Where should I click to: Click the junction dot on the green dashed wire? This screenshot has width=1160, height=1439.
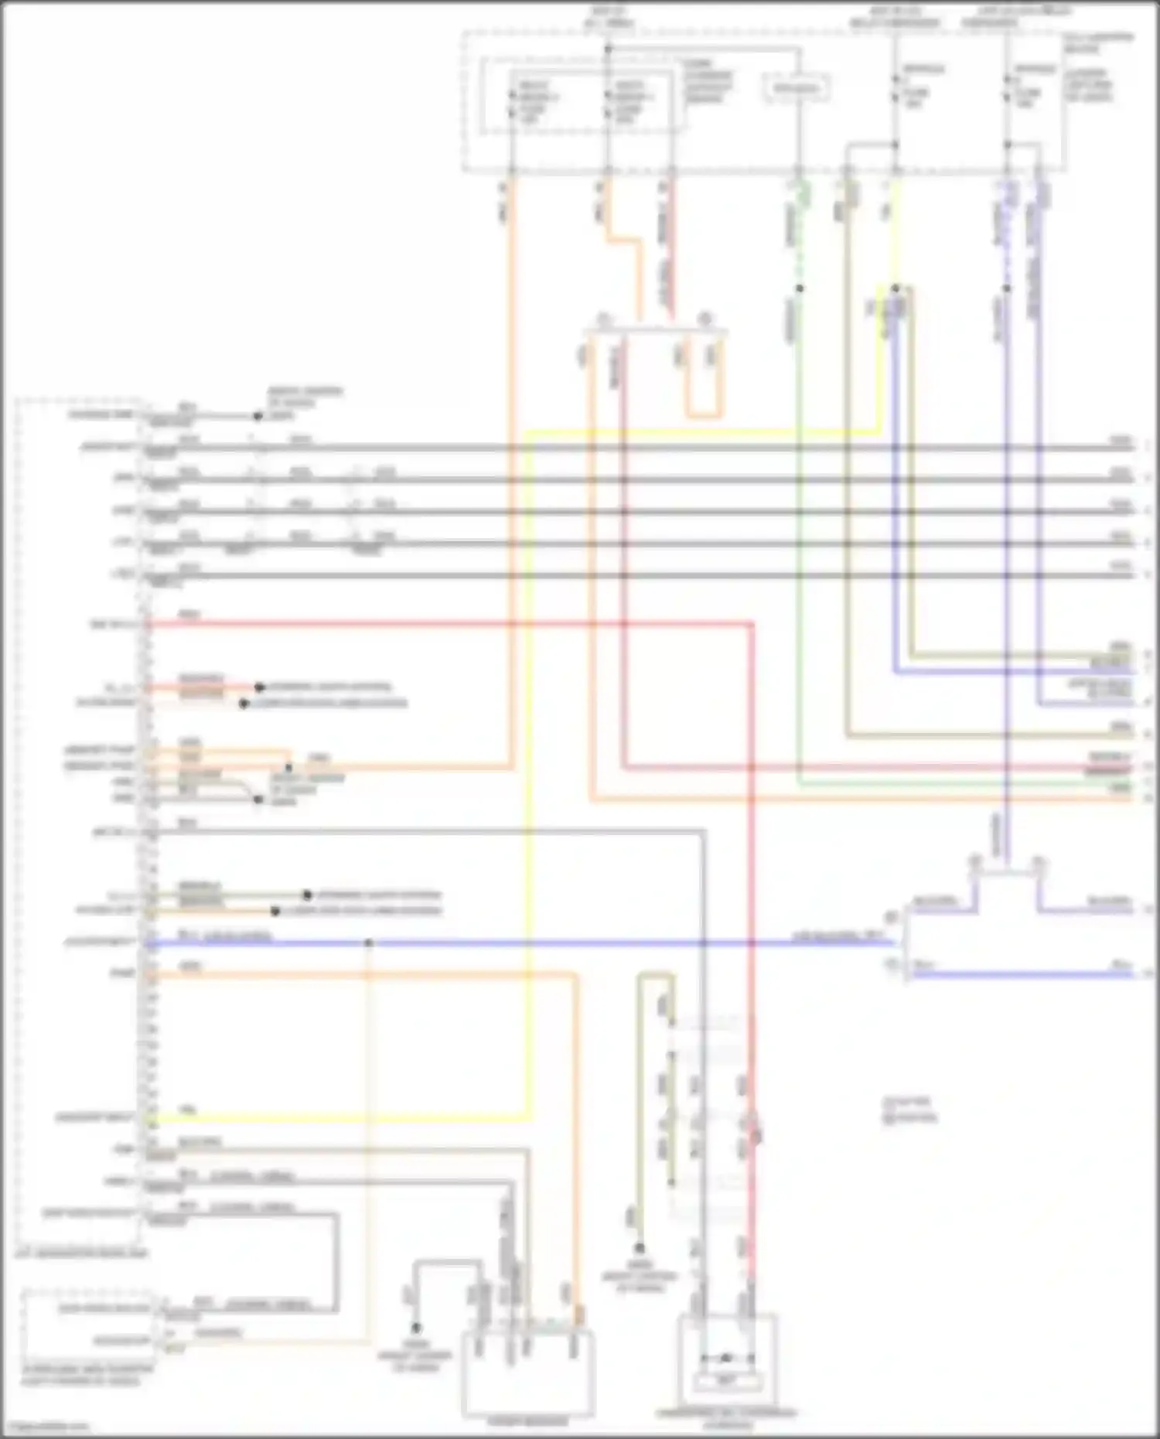pos(800,288)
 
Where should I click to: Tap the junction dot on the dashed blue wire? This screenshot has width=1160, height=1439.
pos(1007,288)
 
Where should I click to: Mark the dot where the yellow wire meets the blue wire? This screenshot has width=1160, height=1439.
pos(896,288)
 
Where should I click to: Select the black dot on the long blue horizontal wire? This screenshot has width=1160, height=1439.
pos(369,943)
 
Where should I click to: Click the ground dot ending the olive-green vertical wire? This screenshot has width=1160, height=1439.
pos(640,1247)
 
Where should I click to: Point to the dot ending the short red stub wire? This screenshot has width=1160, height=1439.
pos(260,687)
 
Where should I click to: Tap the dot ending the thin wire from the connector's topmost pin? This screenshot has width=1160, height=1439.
pos(258,416)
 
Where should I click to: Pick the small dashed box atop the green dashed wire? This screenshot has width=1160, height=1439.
pos(797,88)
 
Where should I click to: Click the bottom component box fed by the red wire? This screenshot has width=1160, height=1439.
pos(726,1364)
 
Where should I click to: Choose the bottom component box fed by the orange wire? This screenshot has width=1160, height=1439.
pos(528,1373)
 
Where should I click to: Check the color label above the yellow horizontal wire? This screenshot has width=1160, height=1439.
pos(188,1110)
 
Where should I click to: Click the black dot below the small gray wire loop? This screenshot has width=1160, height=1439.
pos(416,1328)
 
